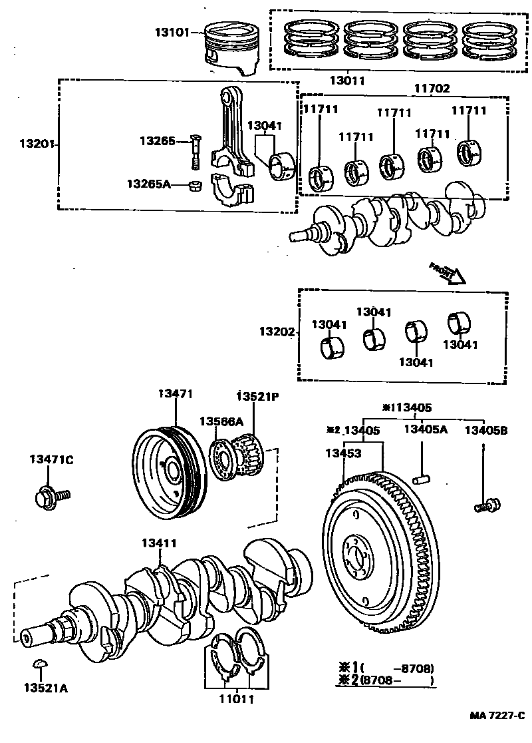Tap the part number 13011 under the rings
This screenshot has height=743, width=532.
point(347,81)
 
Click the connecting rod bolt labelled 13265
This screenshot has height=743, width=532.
point(194,152)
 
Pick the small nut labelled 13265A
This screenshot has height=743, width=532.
point(196,184)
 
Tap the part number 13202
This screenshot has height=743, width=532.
point(277,331)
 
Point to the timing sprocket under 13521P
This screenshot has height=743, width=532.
point(251,453)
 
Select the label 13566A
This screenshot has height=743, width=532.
point(221,421)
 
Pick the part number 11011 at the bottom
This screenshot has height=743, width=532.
point(236,700)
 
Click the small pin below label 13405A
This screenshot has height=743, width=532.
point(422,477)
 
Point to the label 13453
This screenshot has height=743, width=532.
point(343,453)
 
